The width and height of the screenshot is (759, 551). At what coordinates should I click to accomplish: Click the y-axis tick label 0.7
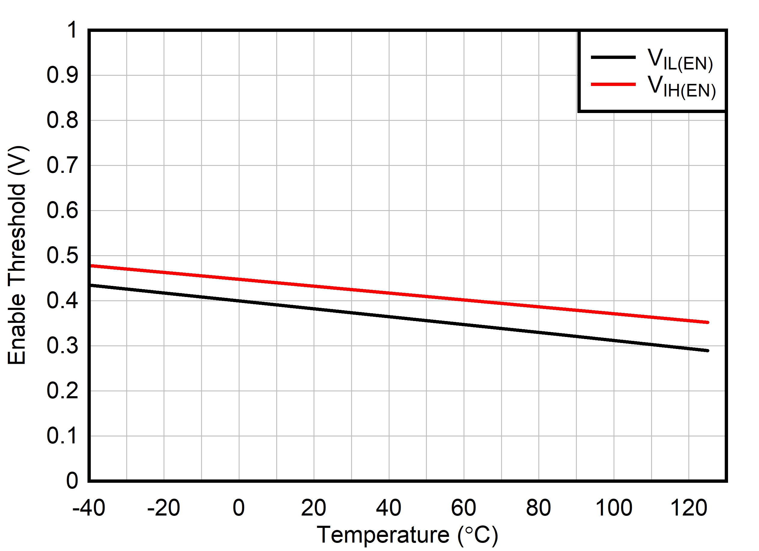pyautogui.click(x=62, y=165)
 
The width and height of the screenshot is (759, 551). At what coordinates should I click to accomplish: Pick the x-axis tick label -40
pyautogui.click(x=89, y=507)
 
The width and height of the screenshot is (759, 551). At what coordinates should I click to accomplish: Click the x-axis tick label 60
pyautogui.click(x=464, y=507)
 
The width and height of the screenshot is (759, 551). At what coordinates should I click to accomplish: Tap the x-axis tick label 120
pyautogui.click(x=688, y=507)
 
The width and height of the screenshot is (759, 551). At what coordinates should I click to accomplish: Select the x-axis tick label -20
pyautogui.click(x=164, y=507)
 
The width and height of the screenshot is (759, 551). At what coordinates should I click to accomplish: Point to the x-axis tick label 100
pyautogui.click(x=614, y=507)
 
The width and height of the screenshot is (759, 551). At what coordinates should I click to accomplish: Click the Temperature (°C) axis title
pyautogui.click(x=407, y=535)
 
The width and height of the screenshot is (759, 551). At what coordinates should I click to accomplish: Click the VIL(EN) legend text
pyautogui.click(x=680, y=60)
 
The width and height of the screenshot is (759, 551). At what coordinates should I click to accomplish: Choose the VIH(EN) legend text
pyautogui.click(x=681, y=87)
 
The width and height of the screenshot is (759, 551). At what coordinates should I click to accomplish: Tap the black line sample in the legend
pyautogui.click(x=613, y=57)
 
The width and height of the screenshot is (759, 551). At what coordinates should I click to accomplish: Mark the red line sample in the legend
pyautogui.click(x=613, y=84)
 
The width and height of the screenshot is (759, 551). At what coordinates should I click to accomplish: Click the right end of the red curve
pyautogui.click(x=708, y=322)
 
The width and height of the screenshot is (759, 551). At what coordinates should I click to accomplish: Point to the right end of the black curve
pyautogui.click(x=708, y=350)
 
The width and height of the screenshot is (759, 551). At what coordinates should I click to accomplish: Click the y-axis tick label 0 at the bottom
pyautogui.click(x=72, y=481)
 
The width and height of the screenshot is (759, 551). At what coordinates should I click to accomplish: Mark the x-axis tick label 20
pyautogui.click(x=314, y=507)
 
